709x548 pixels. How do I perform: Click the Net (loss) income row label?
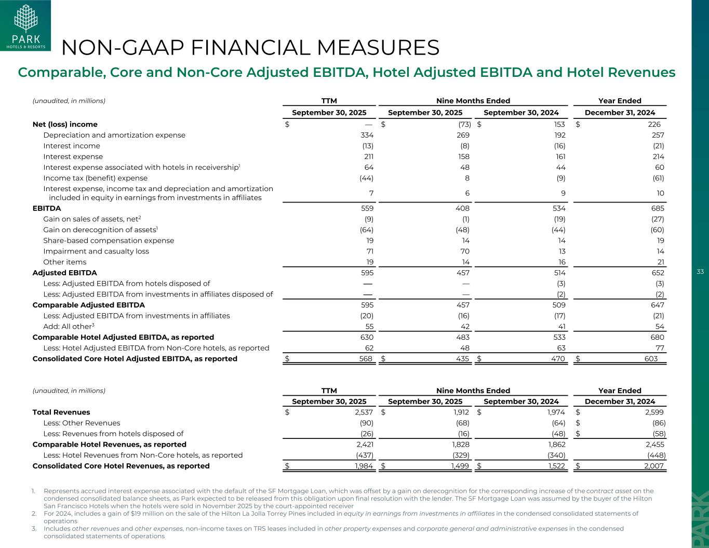[x=65, y=124]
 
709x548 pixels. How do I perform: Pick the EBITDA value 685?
[x=658, y=208]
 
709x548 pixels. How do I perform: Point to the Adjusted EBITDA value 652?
[x=658, y=273]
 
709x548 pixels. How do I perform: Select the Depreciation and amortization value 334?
[x=367, y=135]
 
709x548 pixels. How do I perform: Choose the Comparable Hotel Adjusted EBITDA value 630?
[x=367, y=337]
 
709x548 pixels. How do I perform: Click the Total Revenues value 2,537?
[x=363, y=412]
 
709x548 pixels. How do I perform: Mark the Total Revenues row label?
[x=61, y=412]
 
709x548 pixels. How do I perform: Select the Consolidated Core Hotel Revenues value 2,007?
[x=653, y=466]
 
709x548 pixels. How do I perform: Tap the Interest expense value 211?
[x=367, y=156]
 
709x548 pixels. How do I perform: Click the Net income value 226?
[x=654, y=124]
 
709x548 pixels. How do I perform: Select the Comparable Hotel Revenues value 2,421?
[x=363, y=444]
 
